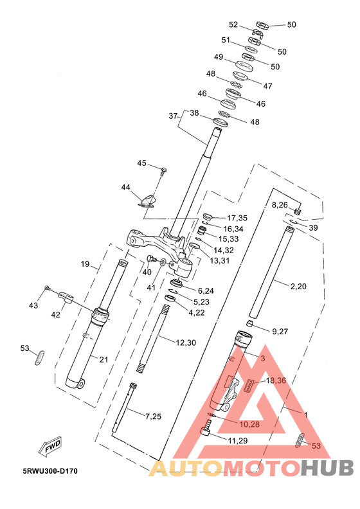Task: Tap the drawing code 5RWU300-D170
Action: click(x=50, y=471)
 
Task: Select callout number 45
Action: click(x=141, y=163)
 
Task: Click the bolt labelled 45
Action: click(x=163, y=170)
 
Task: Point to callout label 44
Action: click(x=125, y=187)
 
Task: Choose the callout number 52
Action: click(x=233, y=24)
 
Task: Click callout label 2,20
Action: click(x=298, y=286)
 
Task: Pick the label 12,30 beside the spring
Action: click(x=186, y=343)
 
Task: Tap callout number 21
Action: click(x=104, y=359)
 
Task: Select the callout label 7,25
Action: click(x=153, y=416)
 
